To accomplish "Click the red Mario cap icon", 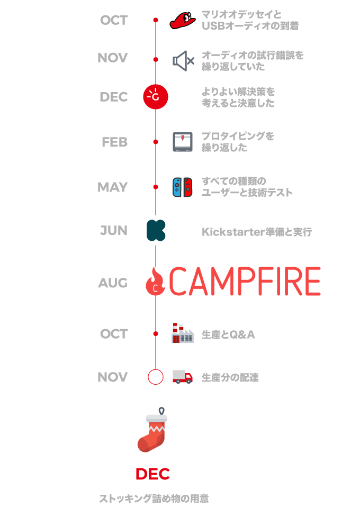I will pos(182,20).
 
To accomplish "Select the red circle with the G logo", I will pos(156,97).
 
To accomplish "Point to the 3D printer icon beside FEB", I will pos(182,142).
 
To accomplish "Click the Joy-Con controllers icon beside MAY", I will pos(182,187).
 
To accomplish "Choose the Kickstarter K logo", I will pos(156,230).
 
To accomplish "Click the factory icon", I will pos(182,333).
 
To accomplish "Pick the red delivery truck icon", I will pos(183,377).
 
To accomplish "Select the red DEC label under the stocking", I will pos(153,474).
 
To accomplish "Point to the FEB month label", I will pos(114,142).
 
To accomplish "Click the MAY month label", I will pos(113,187).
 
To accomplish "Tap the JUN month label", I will pos(114,230).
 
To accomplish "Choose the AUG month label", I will pos(113,283).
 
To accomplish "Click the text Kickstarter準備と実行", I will pos(257,232).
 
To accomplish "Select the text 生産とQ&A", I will pos(228,334).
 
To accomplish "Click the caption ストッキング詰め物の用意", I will pos(154,498).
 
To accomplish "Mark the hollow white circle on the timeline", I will pos(156,377).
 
